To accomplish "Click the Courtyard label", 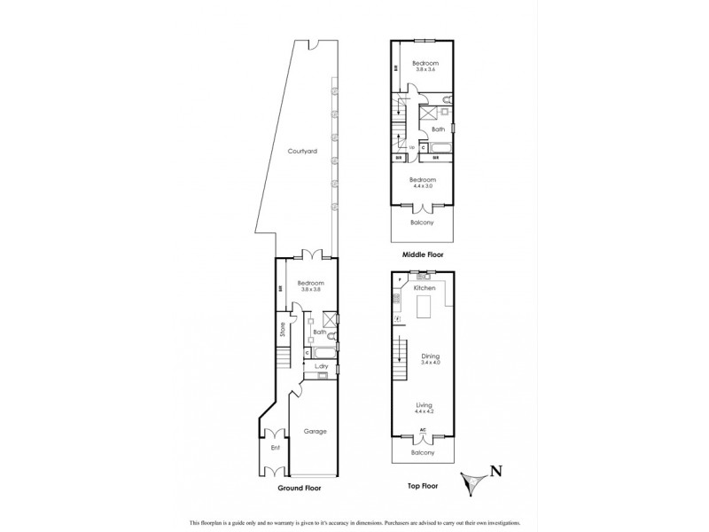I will (303, 152).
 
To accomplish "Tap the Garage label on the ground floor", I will (316, 432).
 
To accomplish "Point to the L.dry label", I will (323, 365).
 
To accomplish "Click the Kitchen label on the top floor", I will (424, 289).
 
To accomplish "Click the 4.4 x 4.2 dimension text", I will (424, 411).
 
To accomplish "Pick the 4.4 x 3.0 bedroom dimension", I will (423, 185).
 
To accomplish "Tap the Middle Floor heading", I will (422, 254).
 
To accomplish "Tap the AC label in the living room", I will (423, 430).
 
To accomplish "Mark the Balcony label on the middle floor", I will (423, 223).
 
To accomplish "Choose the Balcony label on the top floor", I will (423, 453).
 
